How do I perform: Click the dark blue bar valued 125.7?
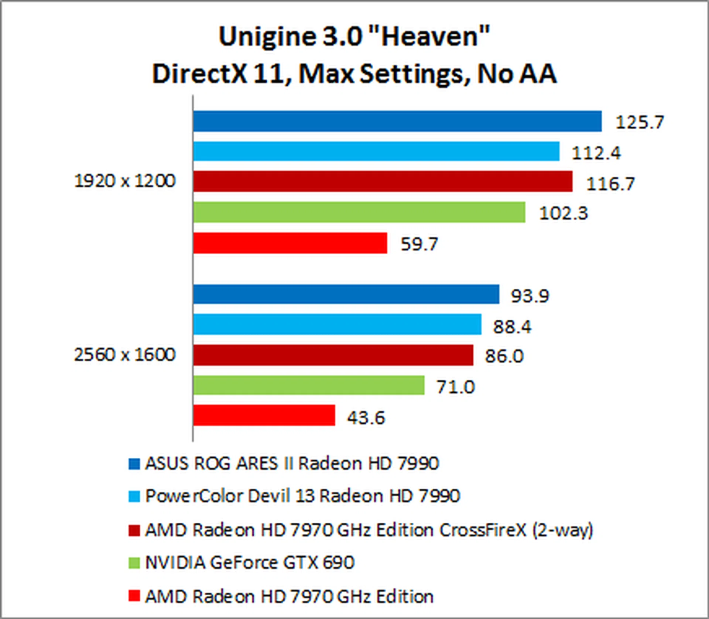[397, 121]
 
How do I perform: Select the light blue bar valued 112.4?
[376, 151]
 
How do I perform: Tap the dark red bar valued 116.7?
[383, 181]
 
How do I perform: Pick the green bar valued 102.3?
[359, 212]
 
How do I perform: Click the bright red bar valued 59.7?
[290, 243]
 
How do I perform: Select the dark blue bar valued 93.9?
[346, 294]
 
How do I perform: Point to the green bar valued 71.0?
[309, 385]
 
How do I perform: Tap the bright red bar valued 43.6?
[264, 415]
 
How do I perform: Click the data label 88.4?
[512, 327]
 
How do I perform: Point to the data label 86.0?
[504, 356]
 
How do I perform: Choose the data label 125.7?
[640, 122]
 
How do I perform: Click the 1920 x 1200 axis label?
[125, 181]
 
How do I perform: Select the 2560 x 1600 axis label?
[125, 354]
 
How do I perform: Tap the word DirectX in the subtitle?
[199, 74]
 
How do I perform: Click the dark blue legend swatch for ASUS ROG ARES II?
[134, 464]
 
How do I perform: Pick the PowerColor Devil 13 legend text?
[302, 496]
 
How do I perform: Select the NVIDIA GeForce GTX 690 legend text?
[250, 563]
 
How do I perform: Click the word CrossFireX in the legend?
[483, 530]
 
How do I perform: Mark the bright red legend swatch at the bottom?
[134, 596]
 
